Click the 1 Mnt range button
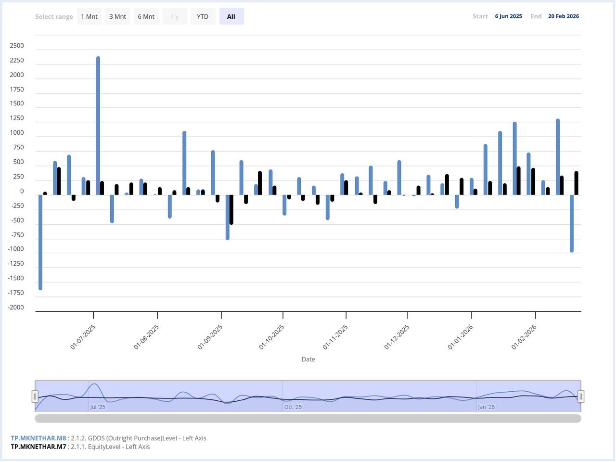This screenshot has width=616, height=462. pos(89,16)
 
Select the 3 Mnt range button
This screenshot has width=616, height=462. pos(117,16)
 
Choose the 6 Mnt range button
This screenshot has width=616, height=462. pos(146,16)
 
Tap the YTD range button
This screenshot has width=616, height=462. pos(203,16)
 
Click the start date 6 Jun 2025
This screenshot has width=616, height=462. pos(508,16)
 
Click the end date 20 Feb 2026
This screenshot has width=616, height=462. pos(563,16)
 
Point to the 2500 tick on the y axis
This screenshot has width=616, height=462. pos(16,46)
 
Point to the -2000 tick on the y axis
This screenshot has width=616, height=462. pos(16,308)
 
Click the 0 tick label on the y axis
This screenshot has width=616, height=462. pos(22,192)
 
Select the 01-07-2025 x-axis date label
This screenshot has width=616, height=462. pos(83,337)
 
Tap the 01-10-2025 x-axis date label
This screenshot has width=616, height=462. pos(271,337)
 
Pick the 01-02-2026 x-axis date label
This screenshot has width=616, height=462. pos(524,337)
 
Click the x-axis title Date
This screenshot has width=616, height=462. pos(308,359)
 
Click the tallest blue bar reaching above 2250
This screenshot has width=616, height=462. pos(98,125)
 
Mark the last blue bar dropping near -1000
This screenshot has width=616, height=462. pos(572,223)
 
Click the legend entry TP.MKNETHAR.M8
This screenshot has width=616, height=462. pos(38,438)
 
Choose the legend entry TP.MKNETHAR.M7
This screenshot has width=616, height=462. pos(38,447)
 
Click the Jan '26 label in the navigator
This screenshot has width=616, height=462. pos(486,407)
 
